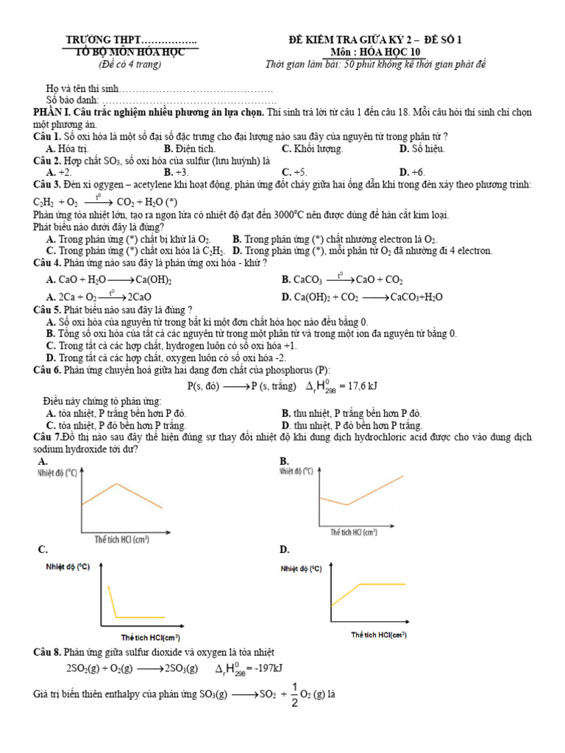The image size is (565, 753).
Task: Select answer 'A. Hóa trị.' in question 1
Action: coord(67,149)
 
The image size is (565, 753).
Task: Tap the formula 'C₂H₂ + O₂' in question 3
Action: coord(55,201)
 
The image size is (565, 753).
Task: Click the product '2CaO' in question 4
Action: coord(140,297)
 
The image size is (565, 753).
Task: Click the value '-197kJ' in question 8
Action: coord(269,668)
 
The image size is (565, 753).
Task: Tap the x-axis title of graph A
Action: coord(122,539)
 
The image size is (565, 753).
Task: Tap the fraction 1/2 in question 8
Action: coord(294,694)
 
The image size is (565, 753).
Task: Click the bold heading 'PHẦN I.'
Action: coord(54,113)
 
